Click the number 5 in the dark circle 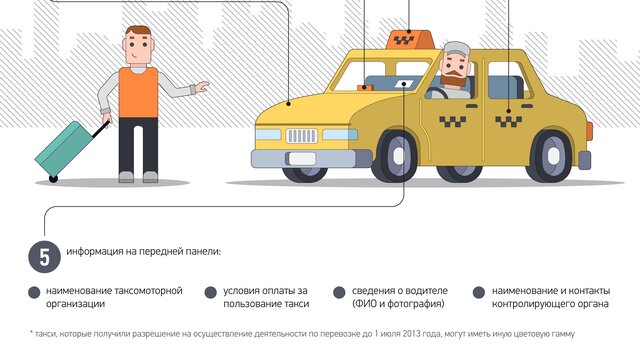coord(44,258)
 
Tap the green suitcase coord(65,148)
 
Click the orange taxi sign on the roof coord(409,40)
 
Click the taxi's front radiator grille coord(302,136)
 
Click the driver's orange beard coord(453,78)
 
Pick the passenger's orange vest coord(138,93)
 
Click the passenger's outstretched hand coord(202,87)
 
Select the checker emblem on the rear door coord(509,121)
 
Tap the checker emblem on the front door coord(453,121)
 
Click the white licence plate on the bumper coord(302,158)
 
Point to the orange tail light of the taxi coord(589,131)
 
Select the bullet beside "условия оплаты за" coord(210,292)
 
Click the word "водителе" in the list coord(428,291)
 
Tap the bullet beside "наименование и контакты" coord(478,292)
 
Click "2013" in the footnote coord(412,334)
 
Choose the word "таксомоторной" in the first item coord(148,291)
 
